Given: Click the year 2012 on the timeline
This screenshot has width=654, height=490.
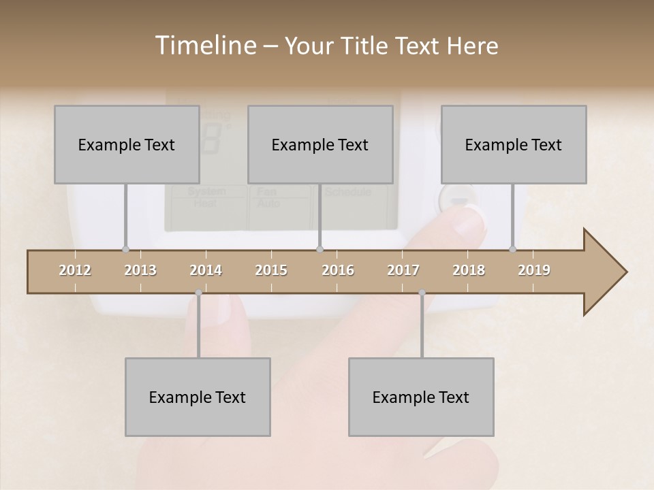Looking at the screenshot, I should click(75, 270).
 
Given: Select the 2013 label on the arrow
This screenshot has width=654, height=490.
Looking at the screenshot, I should click(140, 270).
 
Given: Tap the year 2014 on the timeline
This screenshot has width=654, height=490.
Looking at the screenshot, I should click(206, 270).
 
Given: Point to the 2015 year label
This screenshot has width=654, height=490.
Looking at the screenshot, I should click(271, 270).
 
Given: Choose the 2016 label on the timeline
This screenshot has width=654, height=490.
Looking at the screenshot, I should click(338, 270).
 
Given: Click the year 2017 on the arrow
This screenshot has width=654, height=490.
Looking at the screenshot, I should click(403, 270).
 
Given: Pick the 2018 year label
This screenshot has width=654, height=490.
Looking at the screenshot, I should click(469, 270).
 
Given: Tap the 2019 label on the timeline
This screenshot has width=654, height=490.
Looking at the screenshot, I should click(534, 270).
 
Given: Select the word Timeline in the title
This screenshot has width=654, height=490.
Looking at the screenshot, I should click(204, 46).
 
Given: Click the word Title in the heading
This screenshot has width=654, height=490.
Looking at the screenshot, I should click(364, 46).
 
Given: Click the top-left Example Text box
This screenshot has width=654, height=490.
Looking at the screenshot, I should click(127, 144).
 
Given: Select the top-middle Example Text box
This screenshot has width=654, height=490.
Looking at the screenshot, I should click(320, 144).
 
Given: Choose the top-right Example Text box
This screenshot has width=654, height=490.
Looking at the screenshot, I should click(514, 144).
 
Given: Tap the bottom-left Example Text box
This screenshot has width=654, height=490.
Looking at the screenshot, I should click(198, 397).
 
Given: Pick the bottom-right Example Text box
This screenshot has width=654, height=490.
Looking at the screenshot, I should click(421, 397).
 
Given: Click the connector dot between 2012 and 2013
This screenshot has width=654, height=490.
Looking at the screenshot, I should click(125, 249).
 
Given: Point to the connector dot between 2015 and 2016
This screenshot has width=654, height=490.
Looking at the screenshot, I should click(320, 249).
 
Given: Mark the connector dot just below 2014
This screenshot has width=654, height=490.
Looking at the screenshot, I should click(198, 293).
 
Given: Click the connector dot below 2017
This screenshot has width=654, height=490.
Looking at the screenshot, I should click(422, 293).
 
